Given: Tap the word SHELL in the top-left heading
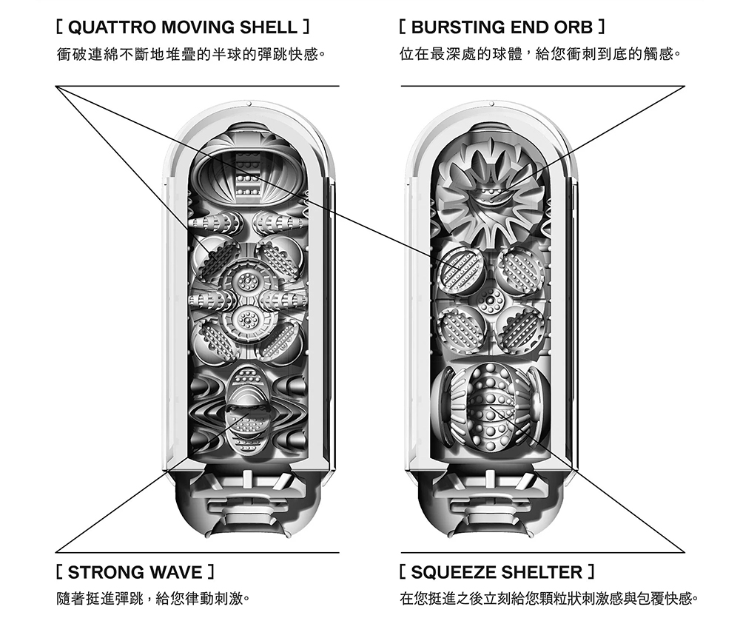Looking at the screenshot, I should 267,29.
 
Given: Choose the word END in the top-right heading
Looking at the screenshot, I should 530,29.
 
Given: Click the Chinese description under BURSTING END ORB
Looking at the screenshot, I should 539,55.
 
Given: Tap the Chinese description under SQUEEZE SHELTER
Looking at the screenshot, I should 548,598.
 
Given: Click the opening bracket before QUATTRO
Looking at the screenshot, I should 60,29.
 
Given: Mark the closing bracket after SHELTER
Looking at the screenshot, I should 591,572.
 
